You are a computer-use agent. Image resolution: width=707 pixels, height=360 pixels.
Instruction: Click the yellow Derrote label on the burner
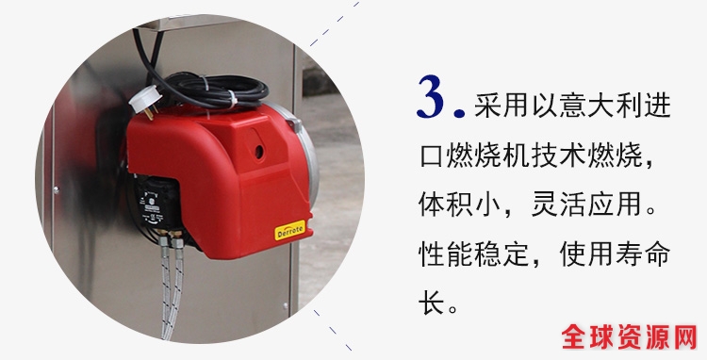[x=290, y=230]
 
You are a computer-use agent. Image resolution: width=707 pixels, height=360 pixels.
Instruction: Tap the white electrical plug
[x=145, y=100]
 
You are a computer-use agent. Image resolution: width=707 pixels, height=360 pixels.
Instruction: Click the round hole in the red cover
[x=259, y=152]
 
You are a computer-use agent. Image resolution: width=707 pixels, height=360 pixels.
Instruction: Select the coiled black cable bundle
[x=212, y=91]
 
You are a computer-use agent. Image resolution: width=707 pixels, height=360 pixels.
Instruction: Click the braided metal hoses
[x=172, y=288]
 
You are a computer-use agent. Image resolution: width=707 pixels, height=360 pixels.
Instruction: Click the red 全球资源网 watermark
[x=629, y=336]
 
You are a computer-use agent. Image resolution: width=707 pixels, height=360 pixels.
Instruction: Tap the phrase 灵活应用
[x=586, y=205]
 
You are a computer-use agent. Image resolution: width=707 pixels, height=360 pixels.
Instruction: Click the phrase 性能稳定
[x=473, y=254]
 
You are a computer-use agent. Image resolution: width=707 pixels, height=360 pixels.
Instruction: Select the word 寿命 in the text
[x=643, y=254]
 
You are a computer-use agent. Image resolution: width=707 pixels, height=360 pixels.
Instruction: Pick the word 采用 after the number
[x=501, y=105]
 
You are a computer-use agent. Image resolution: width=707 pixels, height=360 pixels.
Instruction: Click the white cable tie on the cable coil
[x=232, y=99]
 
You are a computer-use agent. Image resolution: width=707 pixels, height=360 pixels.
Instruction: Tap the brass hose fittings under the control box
[x=171, y=237]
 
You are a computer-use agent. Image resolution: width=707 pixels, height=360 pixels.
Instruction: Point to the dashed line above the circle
[x=334, y=24]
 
